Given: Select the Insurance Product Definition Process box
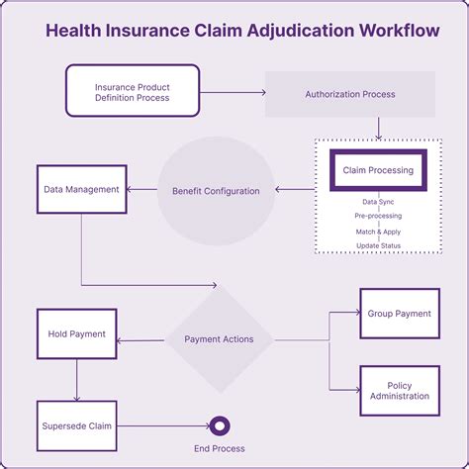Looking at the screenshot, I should (x=132, y=92).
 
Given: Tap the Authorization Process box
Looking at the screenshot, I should (x=350, y=94).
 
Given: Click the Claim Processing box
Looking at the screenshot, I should (x=377, y=170).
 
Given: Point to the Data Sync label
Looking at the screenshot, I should (x=378, y=201).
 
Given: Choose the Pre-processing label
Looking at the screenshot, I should (x=378, y=216).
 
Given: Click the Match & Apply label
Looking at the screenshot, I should (x=378, y=231).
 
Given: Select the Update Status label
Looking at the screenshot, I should (x=378, y=244).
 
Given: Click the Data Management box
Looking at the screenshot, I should (x=81, y=189).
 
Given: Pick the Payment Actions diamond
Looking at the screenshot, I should (x=219, y=339).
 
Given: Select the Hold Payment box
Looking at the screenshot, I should (x=76, y=334).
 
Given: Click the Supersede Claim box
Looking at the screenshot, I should (x=76, y=426).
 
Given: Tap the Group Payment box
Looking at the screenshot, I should (x=399, y=314).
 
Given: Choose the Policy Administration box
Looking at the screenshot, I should (x=399, y=391).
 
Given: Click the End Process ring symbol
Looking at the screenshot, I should (x=220, y=426).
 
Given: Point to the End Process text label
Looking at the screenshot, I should (x=220, y=448).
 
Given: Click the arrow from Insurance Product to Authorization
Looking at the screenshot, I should (x=233, y=92).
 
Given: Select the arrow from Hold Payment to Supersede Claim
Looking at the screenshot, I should (x=76, y=379).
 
